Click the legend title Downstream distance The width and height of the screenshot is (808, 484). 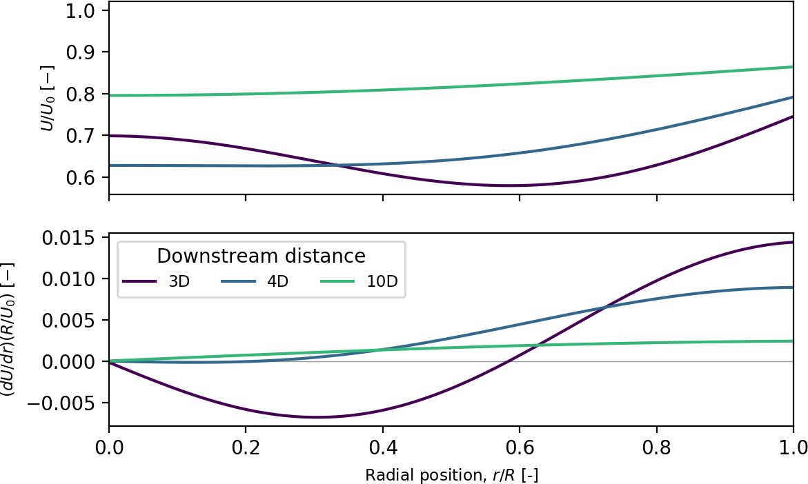point(261,256)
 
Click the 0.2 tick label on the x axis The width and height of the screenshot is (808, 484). point(246,447)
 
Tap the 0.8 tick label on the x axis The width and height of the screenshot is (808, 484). point(656,447)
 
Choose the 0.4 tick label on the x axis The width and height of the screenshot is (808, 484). point(382,447)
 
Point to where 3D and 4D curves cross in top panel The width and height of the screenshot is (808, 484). point(336,165)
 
